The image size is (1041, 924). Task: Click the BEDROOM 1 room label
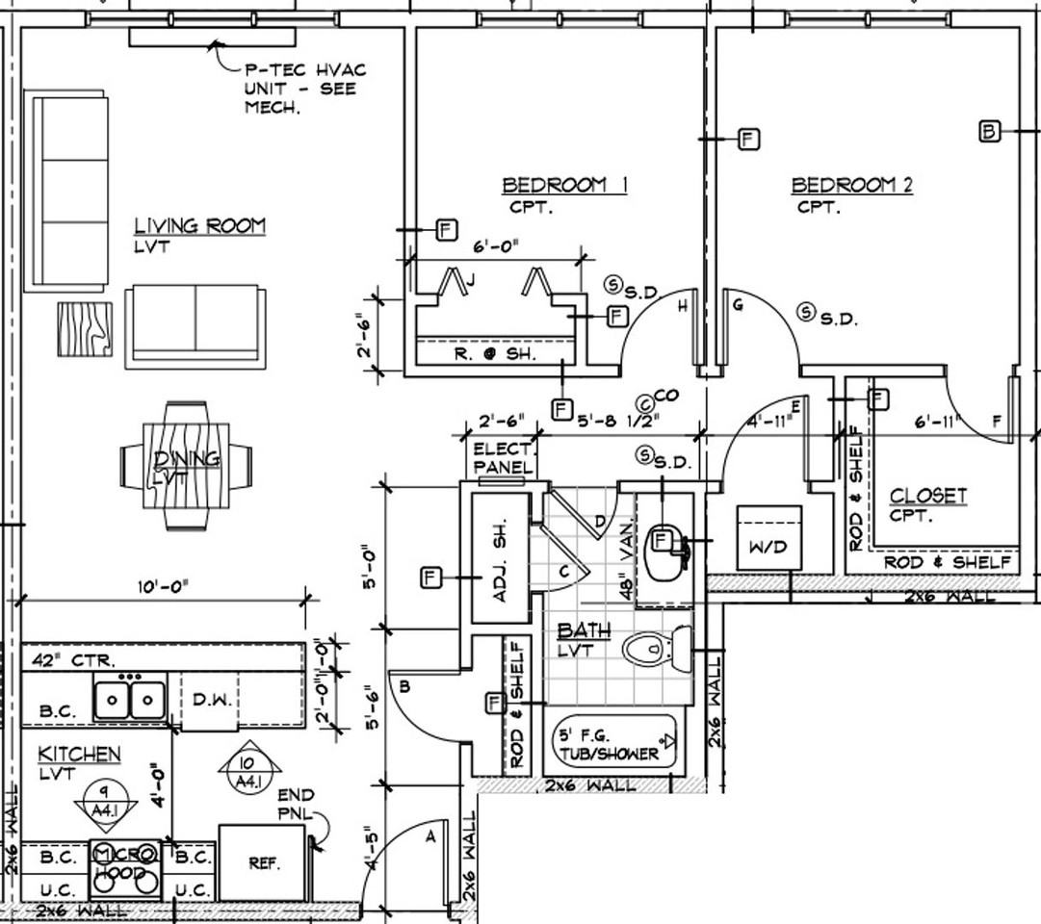coord(564,185)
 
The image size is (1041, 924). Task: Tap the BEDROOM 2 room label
coord(851,185)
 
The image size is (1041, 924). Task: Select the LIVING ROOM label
coord(199,226)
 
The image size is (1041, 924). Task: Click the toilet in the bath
coord(655,650)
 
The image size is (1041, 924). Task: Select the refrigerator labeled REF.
coord(263,863)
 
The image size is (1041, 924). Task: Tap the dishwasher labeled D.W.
coord(209,700)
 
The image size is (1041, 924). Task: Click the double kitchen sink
coord(129,698)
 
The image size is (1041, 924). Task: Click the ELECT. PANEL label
coord(502,458)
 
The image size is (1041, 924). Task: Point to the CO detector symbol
coord(646,404)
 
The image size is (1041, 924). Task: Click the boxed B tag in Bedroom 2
coord(989,131)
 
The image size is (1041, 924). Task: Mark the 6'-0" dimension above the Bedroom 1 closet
coord(496,246)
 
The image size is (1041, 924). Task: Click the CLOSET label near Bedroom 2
coord(927,497)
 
